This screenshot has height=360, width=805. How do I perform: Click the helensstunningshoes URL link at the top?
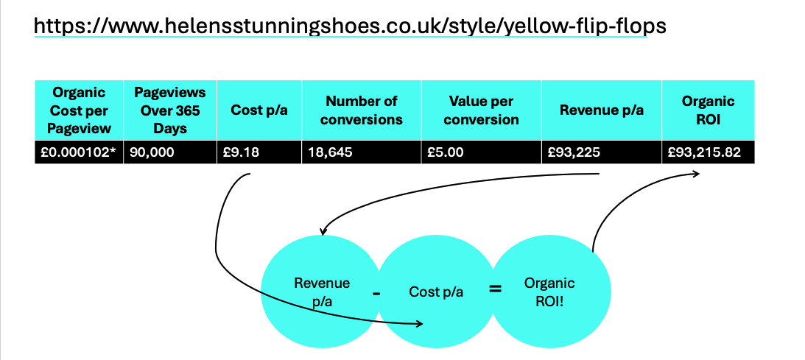click(350, 26)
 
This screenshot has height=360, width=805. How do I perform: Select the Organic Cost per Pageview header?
click(79, 110)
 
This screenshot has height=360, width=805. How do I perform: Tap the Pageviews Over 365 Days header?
click(170, 110)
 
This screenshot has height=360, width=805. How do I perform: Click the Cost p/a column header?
click(259, 110)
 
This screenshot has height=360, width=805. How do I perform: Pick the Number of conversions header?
click(362, 110)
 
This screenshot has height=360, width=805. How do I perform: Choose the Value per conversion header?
click(482, 110)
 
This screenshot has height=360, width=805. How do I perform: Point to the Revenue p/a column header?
click(602, 110)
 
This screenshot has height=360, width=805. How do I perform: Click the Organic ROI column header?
click(708, 110)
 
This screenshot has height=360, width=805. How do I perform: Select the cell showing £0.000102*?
click(79, 152)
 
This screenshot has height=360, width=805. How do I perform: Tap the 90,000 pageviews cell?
click(170, 152)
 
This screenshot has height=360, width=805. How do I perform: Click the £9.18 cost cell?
click(259, 152)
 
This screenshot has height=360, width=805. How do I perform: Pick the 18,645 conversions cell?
click(362, 152)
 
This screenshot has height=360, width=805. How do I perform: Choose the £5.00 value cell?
click(482, 152)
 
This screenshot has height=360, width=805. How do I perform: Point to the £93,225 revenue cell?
click(602, 152)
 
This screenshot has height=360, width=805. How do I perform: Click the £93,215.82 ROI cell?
click(708, 152)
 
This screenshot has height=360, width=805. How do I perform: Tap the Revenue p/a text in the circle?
click(322, 292)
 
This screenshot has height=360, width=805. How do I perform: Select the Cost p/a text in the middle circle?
click(437, 292)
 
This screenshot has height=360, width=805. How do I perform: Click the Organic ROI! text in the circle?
click(549, 292)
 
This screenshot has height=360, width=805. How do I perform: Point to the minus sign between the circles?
click(376, 293)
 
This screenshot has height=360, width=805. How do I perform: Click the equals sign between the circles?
click(495, 289)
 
